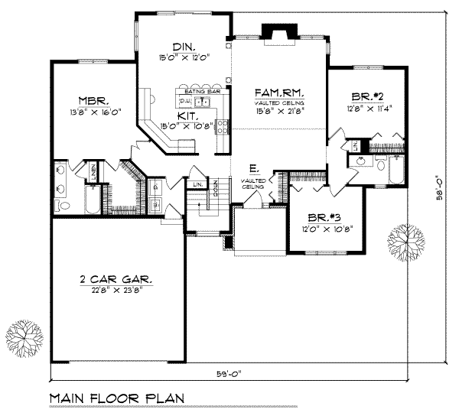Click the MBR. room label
tap(96, 100)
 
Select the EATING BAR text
tap(199, 91)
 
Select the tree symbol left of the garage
tap(24, 337)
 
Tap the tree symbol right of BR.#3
tap(406, 240)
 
